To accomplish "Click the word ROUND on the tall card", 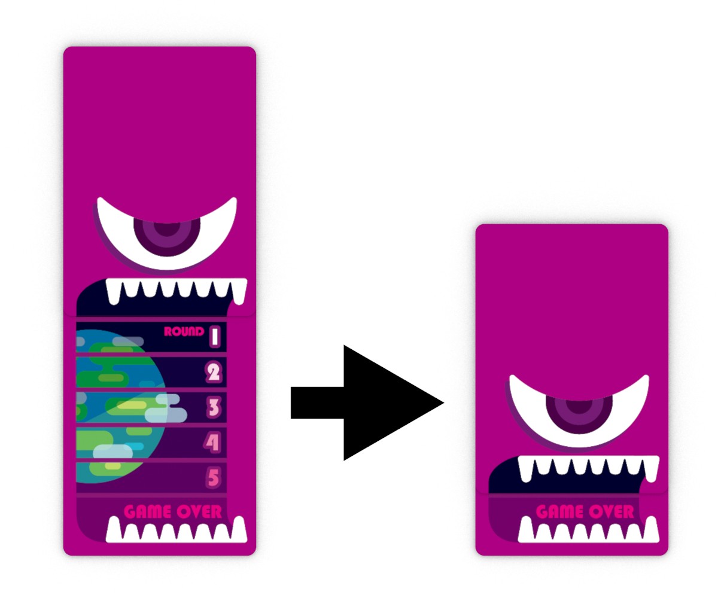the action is pos(184,332).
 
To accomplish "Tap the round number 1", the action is pos(215,337).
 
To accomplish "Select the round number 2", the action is pos(213,373).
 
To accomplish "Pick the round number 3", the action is pos(213,408).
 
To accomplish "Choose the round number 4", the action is pos(212,443).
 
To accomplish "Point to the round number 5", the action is pos(213,477).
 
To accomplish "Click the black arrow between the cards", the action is pos(367,402).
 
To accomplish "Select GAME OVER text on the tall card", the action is pos(173,512).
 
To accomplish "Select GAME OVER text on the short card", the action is pos(585,512).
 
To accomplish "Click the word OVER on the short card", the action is pos(613,512).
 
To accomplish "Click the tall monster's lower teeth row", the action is pos(177,530).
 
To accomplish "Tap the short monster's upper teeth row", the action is pos(588,468).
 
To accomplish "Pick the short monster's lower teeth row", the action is pos(588,530).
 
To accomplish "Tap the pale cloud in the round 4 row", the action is pos(113,451).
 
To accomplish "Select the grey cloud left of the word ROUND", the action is pos(128,341).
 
